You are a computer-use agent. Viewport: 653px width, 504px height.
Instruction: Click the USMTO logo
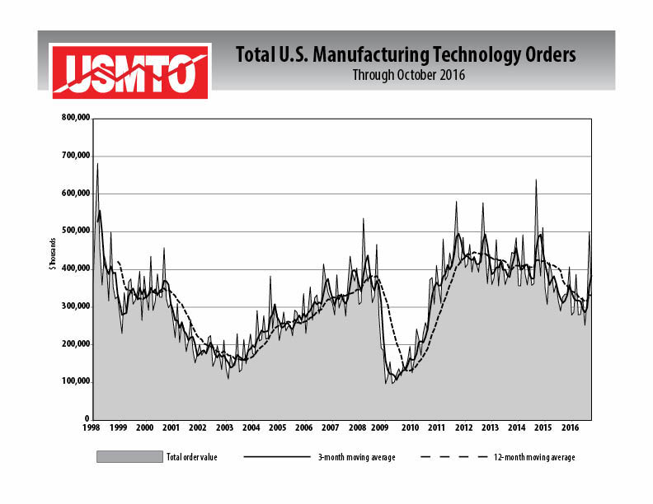[x=130, y=71]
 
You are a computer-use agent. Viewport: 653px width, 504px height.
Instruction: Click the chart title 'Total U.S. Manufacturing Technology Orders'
[x=406, y=55]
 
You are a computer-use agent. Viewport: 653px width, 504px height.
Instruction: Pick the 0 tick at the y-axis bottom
[x=86, y=419]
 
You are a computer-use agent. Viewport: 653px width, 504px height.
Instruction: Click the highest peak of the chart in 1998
[x=97, y=164]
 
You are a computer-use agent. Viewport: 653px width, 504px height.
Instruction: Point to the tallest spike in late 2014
[x=536, y=180]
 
